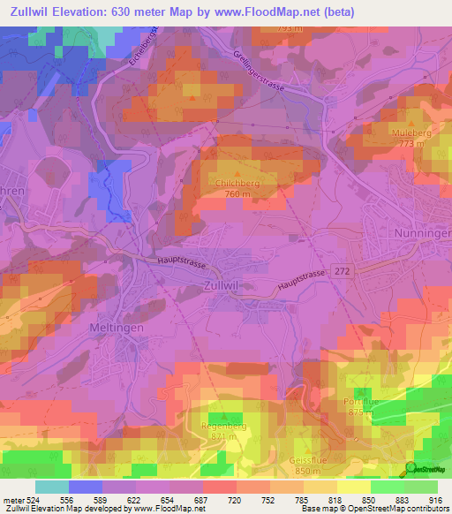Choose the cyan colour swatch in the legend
[51, 487]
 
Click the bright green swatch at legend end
[421, 487]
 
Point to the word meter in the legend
[12, 499]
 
